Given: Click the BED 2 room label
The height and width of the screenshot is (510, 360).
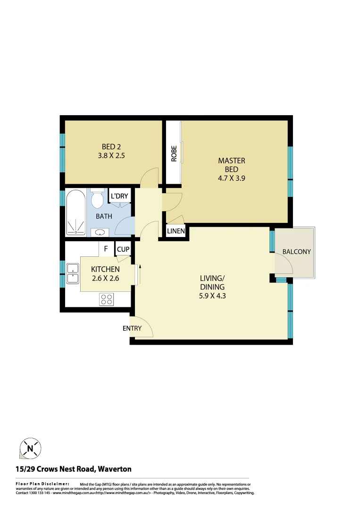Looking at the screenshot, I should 112,146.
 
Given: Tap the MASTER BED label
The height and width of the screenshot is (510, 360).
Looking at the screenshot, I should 232,165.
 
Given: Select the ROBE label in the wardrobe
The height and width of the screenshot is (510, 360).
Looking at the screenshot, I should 174,153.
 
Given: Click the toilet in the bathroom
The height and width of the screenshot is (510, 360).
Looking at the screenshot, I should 97,200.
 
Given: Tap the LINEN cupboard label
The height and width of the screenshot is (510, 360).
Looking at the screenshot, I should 176,231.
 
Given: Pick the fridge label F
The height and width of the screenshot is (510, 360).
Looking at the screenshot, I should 106,249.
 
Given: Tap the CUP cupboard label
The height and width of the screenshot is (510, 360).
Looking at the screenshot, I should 123,249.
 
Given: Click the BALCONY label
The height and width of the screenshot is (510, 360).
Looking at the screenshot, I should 297,252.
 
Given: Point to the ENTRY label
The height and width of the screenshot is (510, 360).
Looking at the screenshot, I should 132,328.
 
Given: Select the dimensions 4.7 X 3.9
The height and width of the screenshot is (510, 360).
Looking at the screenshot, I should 232,178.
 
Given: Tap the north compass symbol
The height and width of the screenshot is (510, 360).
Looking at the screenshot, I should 30,448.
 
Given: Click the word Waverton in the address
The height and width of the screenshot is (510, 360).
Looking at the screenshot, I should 115,469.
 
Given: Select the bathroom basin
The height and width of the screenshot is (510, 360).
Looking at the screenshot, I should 100,232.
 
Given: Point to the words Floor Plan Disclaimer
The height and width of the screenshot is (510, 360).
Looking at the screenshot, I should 42,484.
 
